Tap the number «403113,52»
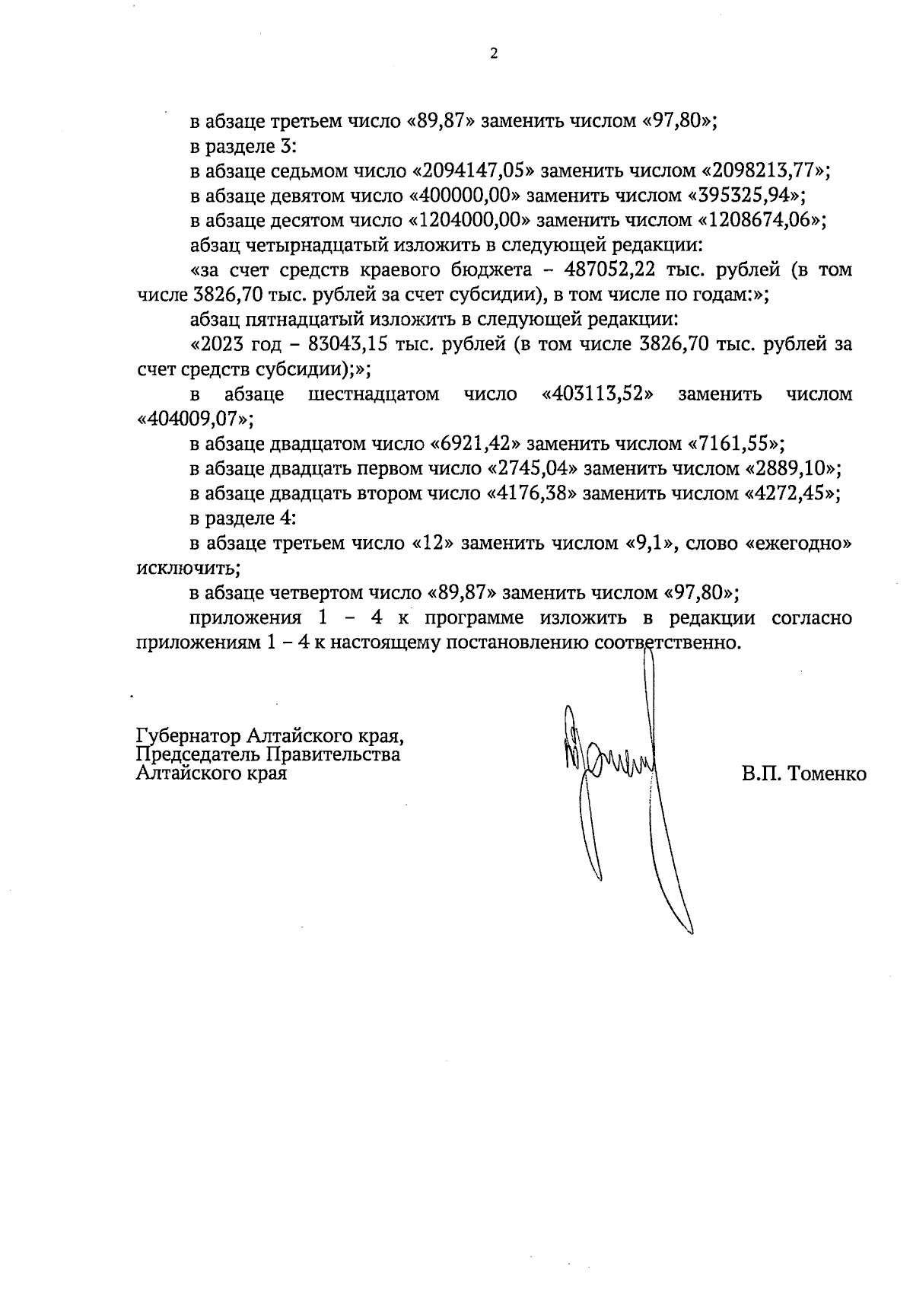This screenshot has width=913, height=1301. (598, 394)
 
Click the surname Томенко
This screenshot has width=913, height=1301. (828, 775)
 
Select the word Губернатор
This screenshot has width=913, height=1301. (190, 737)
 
